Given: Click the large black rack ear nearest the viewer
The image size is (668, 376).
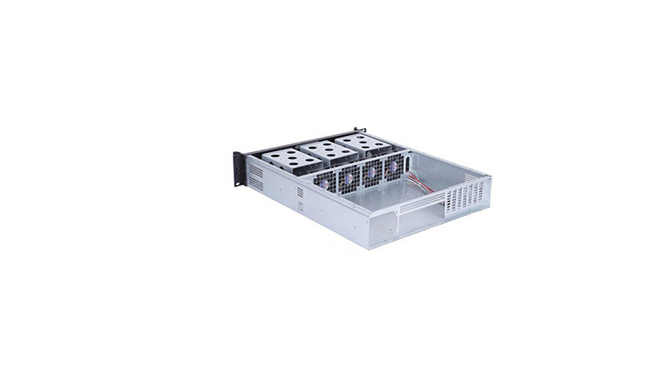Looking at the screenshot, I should tap(239, 167).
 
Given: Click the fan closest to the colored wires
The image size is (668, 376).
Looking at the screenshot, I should tap(392, 167).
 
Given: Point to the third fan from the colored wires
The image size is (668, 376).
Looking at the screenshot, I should tap(347, 176).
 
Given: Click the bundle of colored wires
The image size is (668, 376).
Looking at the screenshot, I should tap(420, 182).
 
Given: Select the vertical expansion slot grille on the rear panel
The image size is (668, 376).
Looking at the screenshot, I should tap(475, 193).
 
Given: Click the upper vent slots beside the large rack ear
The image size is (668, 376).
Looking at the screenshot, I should tap(256, 170).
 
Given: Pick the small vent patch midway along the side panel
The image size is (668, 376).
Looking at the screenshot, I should tap(299, 206).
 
